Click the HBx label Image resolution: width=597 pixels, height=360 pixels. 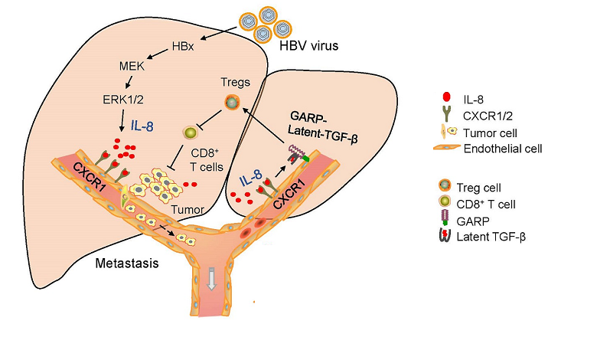tap(181, 46)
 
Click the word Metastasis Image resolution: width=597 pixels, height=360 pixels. tap(126, 263)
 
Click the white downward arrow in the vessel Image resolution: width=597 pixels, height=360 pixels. tap(212, 281)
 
